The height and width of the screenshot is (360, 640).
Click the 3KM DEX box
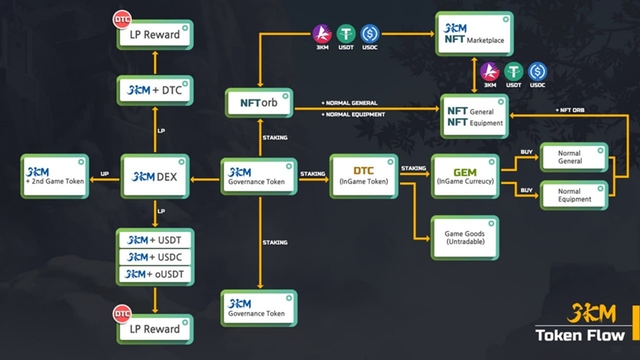[x=155, y=176]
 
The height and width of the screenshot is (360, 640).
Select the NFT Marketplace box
[x=474, y=34]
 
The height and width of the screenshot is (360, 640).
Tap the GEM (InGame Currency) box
[x=465, y=176]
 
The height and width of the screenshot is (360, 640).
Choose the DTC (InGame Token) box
[x=364, y=176]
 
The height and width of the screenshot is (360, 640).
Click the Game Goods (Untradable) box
[x=464, y=238]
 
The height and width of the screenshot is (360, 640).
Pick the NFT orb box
[x=259, y=103]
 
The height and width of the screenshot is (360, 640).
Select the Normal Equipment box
[x=574, y=195]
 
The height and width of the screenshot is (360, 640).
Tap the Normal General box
[x=574, y=157]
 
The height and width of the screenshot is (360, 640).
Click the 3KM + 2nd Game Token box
[x=54, y=176]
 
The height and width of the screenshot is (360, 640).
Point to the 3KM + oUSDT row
[x=155, y=274]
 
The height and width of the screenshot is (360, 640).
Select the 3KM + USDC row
[x=155, y=257]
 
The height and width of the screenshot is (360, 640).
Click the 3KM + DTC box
[x=155, y=90]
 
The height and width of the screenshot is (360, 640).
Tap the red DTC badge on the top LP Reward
[x=122, y=20]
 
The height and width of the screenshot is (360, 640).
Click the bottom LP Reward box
[x=155, y=329]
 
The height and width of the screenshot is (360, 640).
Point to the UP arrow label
[x=104, y=174]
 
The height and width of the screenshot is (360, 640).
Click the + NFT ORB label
[x=570, y=110]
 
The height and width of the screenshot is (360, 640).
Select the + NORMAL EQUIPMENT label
[x=353, y=114]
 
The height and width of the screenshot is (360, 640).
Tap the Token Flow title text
[x=580, y=335]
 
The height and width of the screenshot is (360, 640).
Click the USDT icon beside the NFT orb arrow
[x=346, y=34]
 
